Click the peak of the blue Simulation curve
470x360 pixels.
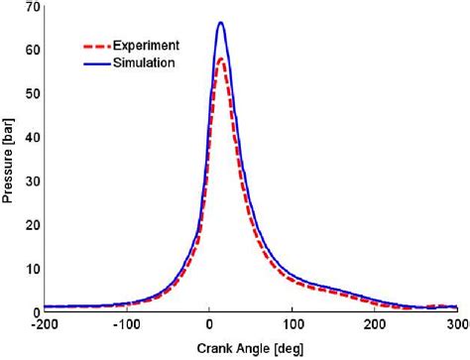tap(221, 23)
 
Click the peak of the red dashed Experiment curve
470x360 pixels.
tap(221, 59)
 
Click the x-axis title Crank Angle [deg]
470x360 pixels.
tap(250, 349)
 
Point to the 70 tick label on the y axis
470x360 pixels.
tap(32, 8)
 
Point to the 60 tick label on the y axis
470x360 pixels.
tap(32, 51)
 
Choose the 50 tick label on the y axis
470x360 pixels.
tap(32, 94)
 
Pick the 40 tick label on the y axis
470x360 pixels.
tap(32, 138)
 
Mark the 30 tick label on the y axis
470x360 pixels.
tap(32, 181)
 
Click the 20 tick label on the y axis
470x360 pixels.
tap(32, 225)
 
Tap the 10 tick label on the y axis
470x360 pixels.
tap(32, 269)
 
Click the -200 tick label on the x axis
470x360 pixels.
tap(45, 324)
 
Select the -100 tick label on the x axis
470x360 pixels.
tap(127, 324)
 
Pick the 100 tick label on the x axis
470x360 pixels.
tap(293, 324)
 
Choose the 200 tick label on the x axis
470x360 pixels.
tap(375, 324)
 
